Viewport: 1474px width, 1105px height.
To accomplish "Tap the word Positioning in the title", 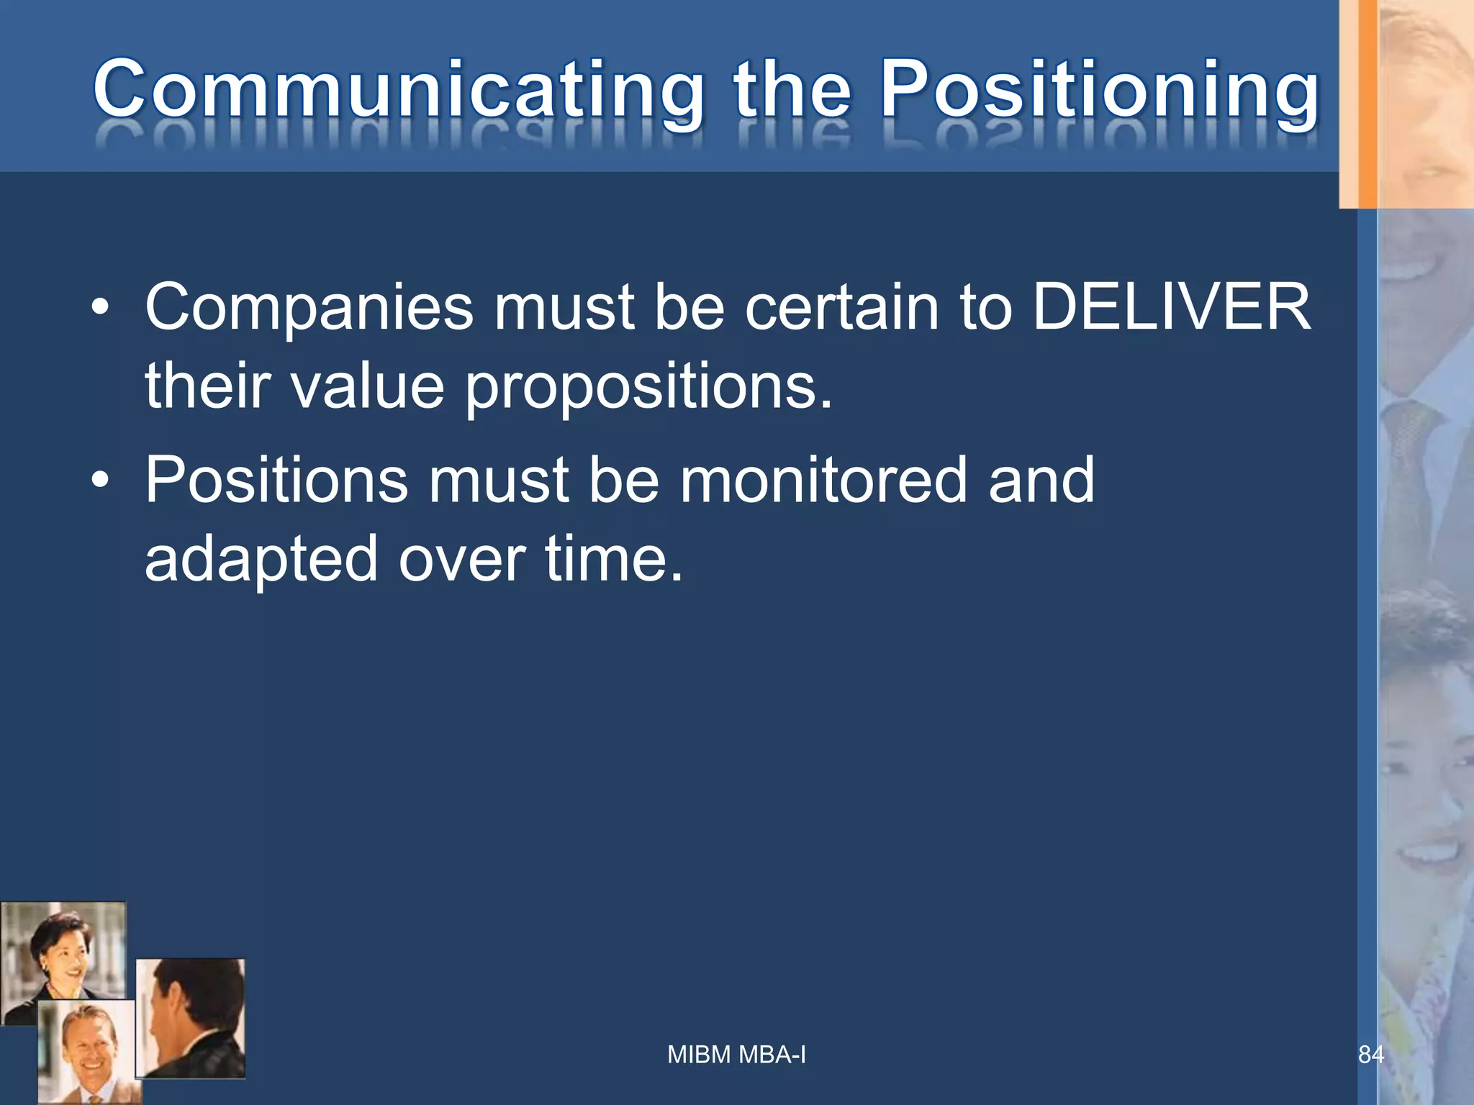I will tap(1100, 91).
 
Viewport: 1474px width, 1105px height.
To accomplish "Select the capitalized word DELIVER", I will tap(1172, 307).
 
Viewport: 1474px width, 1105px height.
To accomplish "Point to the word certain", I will tap(841, 307).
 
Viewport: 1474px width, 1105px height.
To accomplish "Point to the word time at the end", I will tap(612, 559).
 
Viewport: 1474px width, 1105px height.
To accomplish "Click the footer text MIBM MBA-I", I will tap(736, 1055).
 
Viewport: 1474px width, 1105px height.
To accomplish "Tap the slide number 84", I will tap(1370, 1055).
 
